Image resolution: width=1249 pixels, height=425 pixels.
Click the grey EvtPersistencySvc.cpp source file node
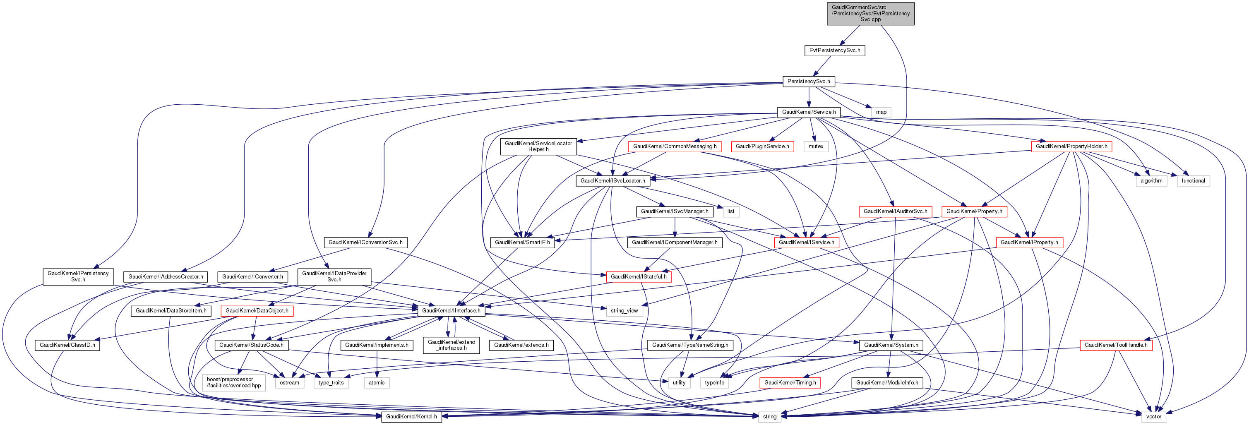(870, 14)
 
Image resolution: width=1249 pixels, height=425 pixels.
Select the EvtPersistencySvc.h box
(834, 50)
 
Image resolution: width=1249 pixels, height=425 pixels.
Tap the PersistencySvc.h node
(808, 82)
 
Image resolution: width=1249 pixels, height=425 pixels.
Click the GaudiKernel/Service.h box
(809, 112)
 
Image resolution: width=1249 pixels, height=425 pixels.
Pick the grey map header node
(881, 112)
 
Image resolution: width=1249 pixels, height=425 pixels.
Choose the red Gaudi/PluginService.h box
(762, 146)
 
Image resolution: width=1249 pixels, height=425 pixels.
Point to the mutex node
(816, 146)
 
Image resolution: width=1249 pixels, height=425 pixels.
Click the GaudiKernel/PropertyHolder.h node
(1071, 146)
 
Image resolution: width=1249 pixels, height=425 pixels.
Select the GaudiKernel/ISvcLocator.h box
(612, 181)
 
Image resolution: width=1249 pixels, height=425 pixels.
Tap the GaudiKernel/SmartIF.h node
(522, 243)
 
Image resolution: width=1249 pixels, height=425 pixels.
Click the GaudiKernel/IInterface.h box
(451, 311)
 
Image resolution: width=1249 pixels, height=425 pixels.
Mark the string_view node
(624, 311)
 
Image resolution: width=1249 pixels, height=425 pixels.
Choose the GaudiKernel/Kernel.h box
(411, 416)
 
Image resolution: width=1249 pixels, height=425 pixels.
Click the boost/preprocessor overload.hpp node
(234, 382)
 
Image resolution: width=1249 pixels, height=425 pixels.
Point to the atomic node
(376, 382)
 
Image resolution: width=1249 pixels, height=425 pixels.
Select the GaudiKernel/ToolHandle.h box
(1116, 345)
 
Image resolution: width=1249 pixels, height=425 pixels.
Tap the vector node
(1153, 416)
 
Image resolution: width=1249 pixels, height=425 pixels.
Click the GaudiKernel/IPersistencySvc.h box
(78, 276)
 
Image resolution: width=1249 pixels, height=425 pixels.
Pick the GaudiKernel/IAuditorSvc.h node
(895, 211)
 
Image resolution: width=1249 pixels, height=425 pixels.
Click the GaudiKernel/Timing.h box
(790, 382)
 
